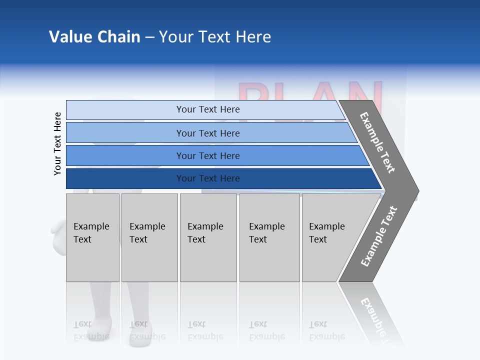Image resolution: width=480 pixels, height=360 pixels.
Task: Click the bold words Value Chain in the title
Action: pos(94,37)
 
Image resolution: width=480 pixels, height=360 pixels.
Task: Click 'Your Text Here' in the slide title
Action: pos(215,37)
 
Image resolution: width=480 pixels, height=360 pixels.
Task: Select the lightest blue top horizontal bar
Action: pos(125,110)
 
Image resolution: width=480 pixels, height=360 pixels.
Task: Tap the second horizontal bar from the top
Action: pos(125,133)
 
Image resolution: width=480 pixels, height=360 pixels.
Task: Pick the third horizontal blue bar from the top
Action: pos(125,155)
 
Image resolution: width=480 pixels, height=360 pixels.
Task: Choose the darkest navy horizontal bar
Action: pos(125,178)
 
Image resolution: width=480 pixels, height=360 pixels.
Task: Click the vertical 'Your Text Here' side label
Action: pos(57,143)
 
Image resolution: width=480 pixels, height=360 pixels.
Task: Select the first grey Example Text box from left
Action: pos(92,237)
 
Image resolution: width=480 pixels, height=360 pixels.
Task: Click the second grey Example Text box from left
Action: pos(149,237)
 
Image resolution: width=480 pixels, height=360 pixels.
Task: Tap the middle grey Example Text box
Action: pos(208,237)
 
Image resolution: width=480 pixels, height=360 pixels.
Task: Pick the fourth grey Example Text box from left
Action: pos(269,237)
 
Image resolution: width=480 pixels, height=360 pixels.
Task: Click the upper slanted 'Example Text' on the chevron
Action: pos(377,142)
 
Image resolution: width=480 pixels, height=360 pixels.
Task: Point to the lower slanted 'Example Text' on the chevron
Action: pos(379,236)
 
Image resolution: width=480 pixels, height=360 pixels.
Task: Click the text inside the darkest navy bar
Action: pos(208,178)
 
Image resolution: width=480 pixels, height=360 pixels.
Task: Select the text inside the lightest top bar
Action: pos(208,109)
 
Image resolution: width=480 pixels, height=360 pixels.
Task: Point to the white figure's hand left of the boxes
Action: pos(57,227)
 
